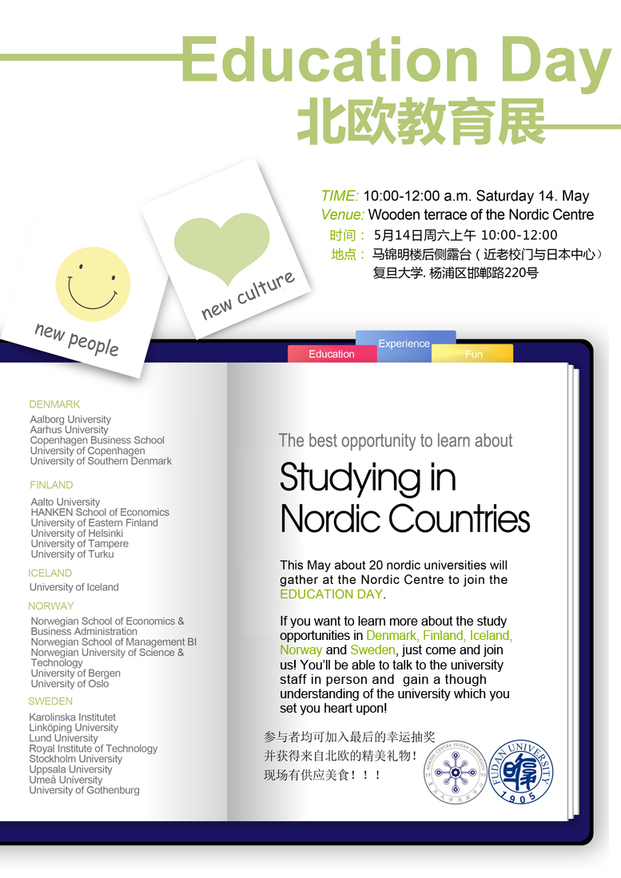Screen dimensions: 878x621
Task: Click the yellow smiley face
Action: tap(93, 284)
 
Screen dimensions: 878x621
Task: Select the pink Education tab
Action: tap(332, 354)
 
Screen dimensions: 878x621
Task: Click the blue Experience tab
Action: tap(404, 344)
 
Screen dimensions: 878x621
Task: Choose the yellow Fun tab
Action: tap(473, 354)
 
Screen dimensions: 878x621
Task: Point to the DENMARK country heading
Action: tap(55, 404)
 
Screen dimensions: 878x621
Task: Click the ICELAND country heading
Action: tap(50, 573)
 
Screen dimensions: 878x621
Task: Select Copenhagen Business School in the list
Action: tap(97, 440)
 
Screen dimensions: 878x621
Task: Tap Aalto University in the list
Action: tap(66, 502)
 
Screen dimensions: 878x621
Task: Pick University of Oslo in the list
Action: tap(70, 684)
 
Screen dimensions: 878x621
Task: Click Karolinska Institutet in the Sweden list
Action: tap(73, 717)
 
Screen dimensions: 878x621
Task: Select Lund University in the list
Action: tap(63, 738)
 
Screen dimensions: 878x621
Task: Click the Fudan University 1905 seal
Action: tap(520, 771)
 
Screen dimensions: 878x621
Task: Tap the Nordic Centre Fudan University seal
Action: tap(455, 771)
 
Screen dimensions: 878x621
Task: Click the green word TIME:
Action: tap(340, 196)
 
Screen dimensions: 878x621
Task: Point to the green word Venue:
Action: tap(343, 214)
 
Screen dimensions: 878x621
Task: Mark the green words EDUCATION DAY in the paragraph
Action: tap(331, 594)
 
